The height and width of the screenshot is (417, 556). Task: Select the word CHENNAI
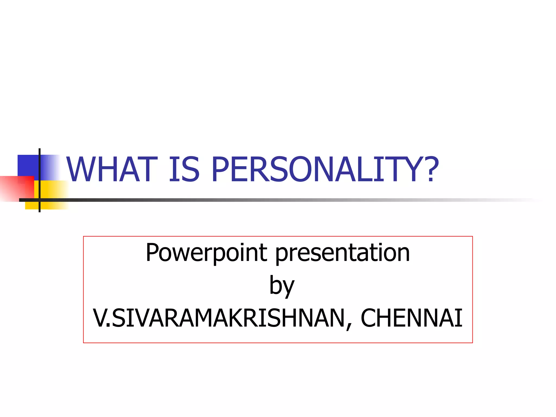411,318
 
